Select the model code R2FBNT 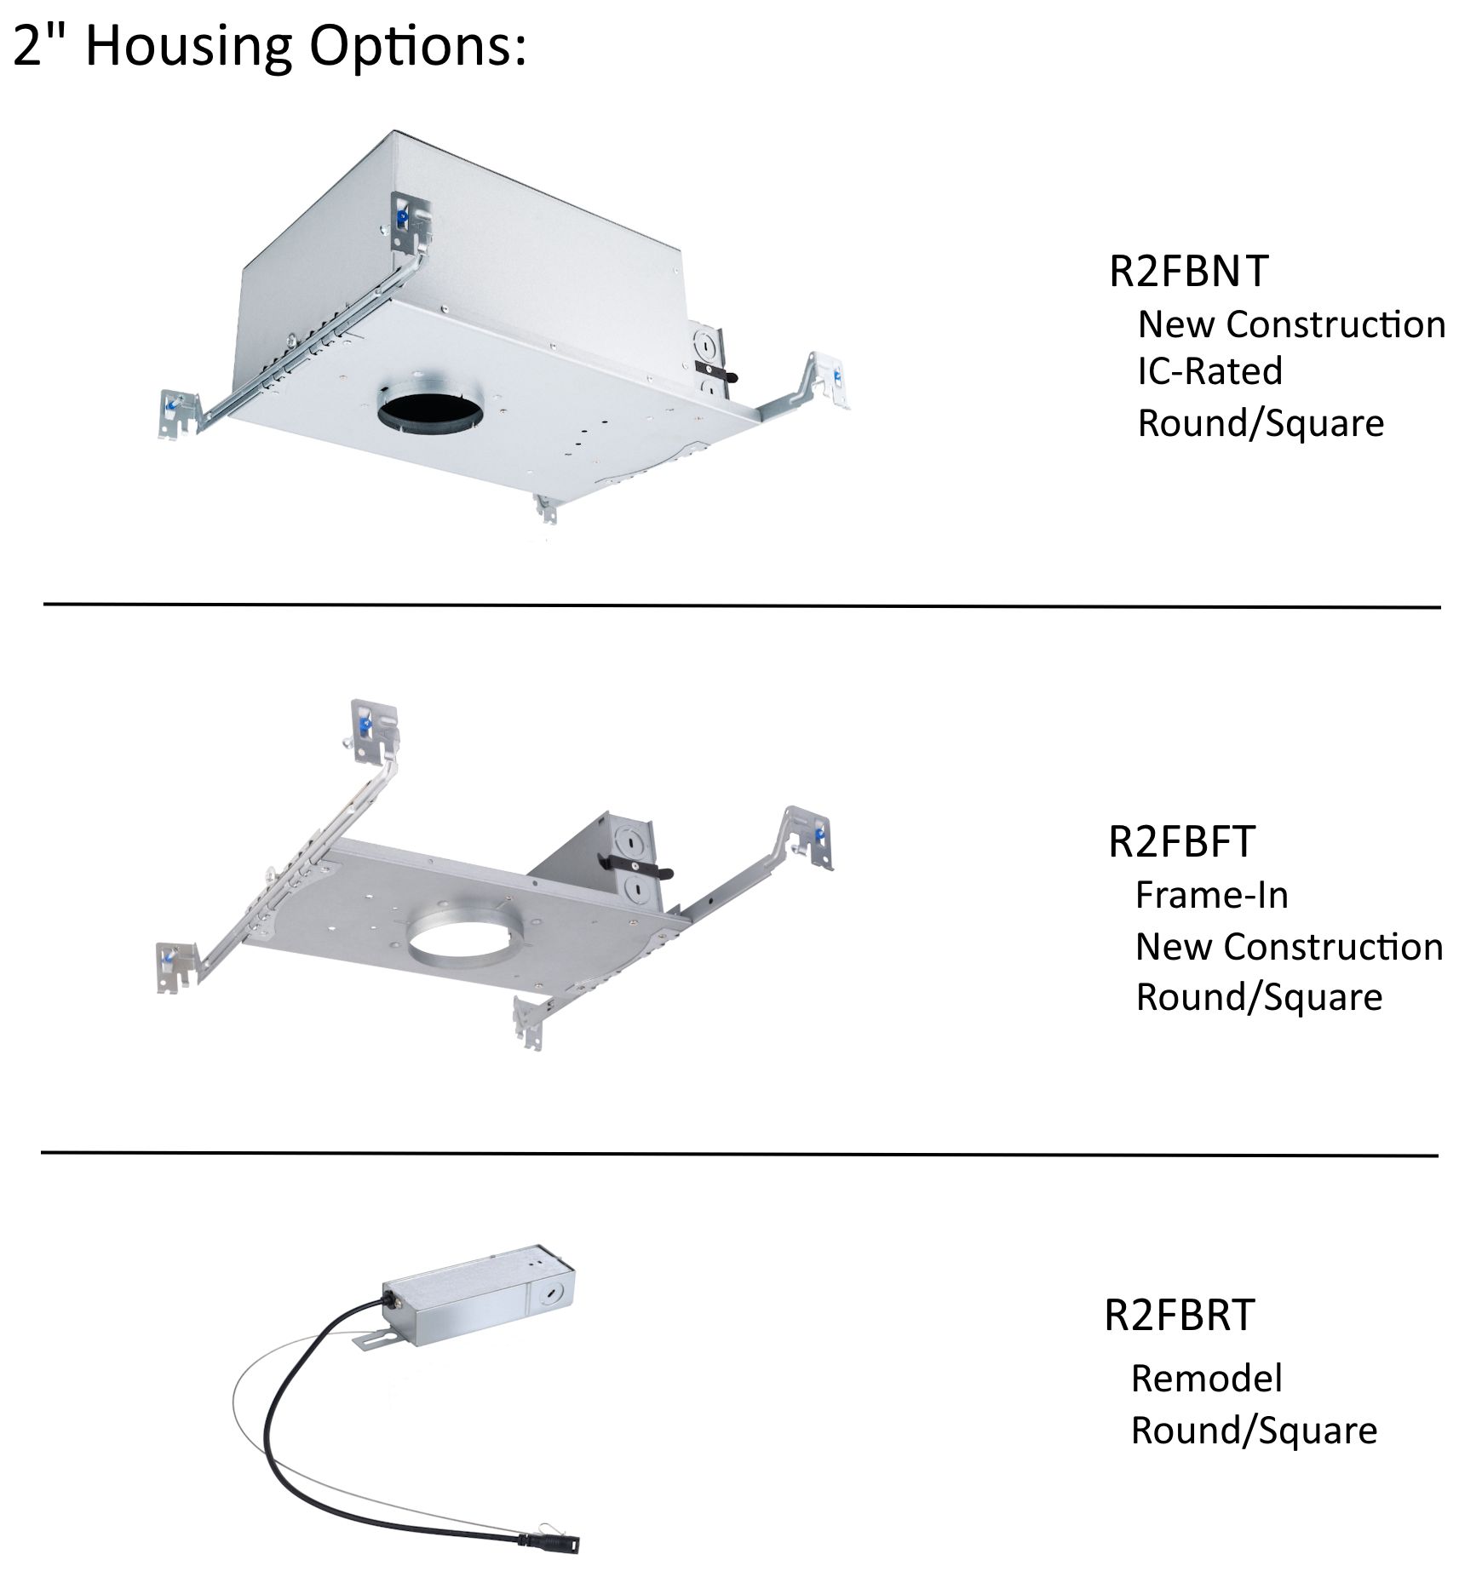point(1188,271)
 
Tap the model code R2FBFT point(1181,841)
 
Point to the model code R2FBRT point(1179,1315)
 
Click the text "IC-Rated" point(1209,371)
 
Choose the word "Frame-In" point(1211,895)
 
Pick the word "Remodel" point(1206,1379)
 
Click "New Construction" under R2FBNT point(1291,324)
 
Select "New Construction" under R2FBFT point(1289,947)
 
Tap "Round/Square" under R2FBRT point(1254,1431)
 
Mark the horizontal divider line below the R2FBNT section point(741,605)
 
